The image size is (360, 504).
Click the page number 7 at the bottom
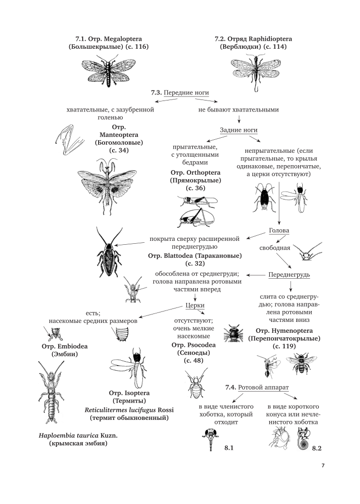[323, 466]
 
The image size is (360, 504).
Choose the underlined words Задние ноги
[239, 130]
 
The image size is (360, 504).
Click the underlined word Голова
[279, 231]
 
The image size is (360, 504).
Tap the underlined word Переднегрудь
[289, 275]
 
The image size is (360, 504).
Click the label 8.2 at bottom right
[317, 448]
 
